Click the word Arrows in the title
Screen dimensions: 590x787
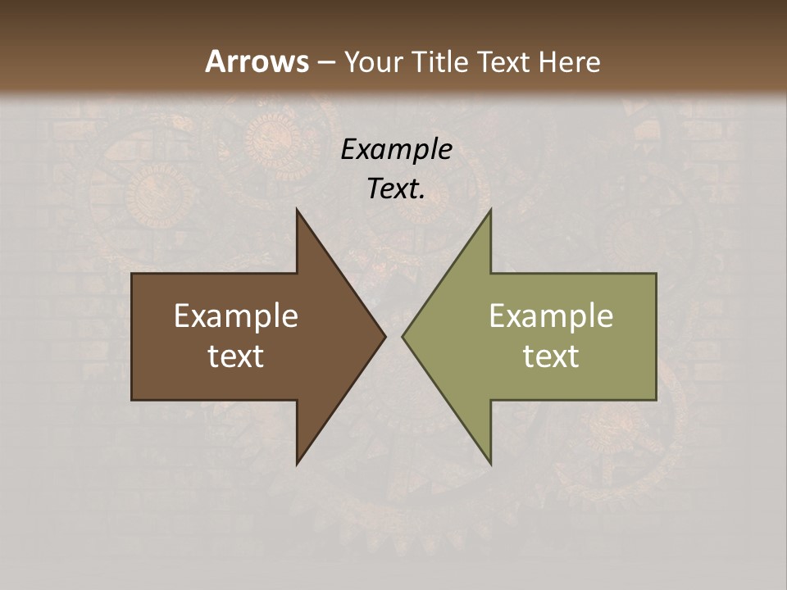(x=256, y=61)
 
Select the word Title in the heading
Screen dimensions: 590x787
(x=439, y=62)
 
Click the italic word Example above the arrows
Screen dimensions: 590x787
(x=396, y=149)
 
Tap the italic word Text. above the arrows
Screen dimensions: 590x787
(x=396, y=189)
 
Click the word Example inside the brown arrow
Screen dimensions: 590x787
(x=236, y=316)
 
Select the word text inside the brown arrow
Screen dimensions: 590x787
(x=236, y=356)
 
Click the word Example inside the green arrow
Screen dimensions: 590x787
(x=551, y=316)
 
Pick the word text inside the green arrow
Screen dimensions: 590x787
(x=551, y=356)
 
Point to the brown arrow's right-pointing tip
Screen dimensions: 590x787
(x=385, y=336)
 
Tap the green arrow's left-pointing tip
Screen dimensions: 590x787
(x=403, y=336)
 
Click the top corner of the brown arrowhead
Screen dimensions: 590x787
(x=298, y=210)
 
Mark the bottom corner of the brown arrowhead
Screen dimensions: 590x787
(x=298, y=464)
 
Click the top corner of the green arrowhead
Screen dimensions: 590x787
(x=490, y=210)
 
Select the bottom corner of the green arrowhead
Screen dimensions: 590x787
(x=490, y=464)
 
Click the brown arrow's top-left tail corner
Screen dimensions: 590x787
(x=132, y=274)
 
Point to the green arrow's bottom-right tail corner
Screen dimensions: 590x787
(x=656, y=399)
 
